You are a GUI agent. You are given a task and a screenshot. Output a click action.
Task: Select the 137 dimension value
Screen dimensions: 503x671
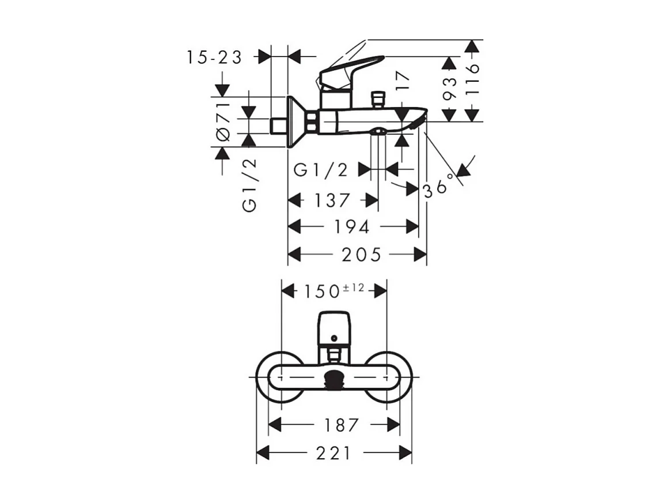pyautogui.click(x=332, y=201)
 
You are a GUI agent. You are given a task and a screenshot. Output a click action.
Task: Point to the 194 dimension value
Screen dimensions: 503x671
pyautogui.click(x=352, y=227)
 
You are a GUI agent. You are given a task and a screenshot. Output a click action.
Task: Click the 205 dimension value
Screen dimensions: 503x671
pyautogui.click(x=362, y=254)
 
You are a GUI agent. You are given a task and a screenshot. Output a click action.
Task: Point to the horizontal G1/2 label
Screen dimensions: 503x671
pyautogui.click(x=321, y=170)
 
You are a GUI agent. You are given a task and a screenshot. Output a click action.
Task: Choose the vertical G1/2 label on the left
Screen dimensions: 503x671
pyautogui.click(x=249, y=186)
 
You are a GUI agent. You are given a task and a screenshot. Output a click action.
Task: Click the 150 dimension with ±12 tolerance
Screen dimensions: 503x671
pyautogui.click(x=333, y=290)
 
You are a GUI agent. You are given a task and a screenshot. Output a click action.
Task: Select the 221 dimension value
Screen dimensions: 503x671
pyautogui.click(x=333, y=453)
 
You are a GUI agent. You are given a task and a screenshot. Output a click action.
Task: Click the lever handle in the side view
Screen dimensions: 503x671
pyautogui.click(x=351, y=68)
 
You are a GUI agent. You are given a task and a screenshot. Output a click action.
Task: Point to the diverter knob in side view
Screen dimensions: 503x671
pyautogui.click(x=378, y=99)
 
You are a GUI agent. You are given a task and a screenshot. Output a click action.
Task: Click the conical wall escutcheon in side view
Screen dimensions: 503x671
pyautogui.click(x=296, y=121)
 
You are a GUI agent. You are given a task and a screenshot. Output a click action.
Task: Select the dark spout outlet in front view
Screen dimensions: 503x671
pyautogui.click(x=334, y=380)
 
